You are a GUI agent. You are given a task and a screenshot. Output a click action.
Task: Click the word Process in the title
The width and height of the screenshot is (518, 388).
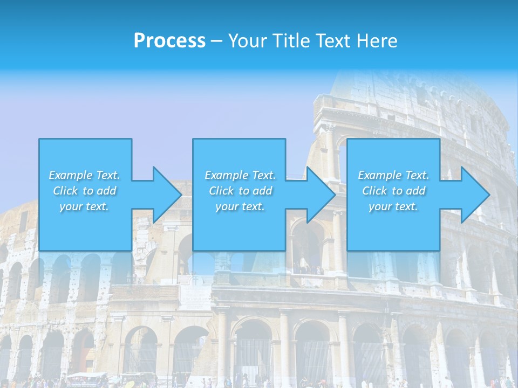[169, 41]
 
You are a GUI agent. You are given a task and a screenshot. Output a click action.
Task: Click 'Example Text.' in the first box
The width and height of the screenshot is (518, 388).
[84, 175]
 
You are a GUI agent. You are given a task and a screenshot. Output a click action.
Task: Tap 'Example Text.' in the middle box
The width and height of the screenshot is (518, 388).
[240, 175]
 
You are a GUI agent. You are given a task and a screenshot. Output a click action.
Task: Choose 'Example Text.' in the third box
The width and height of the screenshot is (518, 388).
[393, 175]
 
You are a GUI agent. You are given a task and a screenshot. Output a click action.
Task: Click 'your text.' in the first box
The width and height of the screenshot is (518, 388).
[84, 206]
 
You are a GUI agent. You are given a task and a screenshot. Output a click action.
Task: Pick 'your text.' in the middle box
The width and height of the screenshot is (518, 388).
[240, 206]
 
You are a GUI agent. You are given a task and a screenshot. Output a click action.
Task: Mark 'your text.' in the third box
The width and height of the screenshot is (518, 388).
[393, 206]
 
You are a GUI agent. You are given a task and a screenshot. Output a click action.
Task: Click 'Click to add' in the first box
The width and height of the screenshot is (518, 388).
[84, 191]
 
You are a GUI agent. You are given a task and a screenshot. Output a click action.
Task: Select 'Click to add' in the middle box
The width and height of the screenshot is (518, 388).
[240, 191]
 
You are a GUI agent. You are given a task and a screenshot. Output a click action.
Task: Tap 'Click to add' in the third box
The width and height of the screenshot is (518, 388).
[393, 191]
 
